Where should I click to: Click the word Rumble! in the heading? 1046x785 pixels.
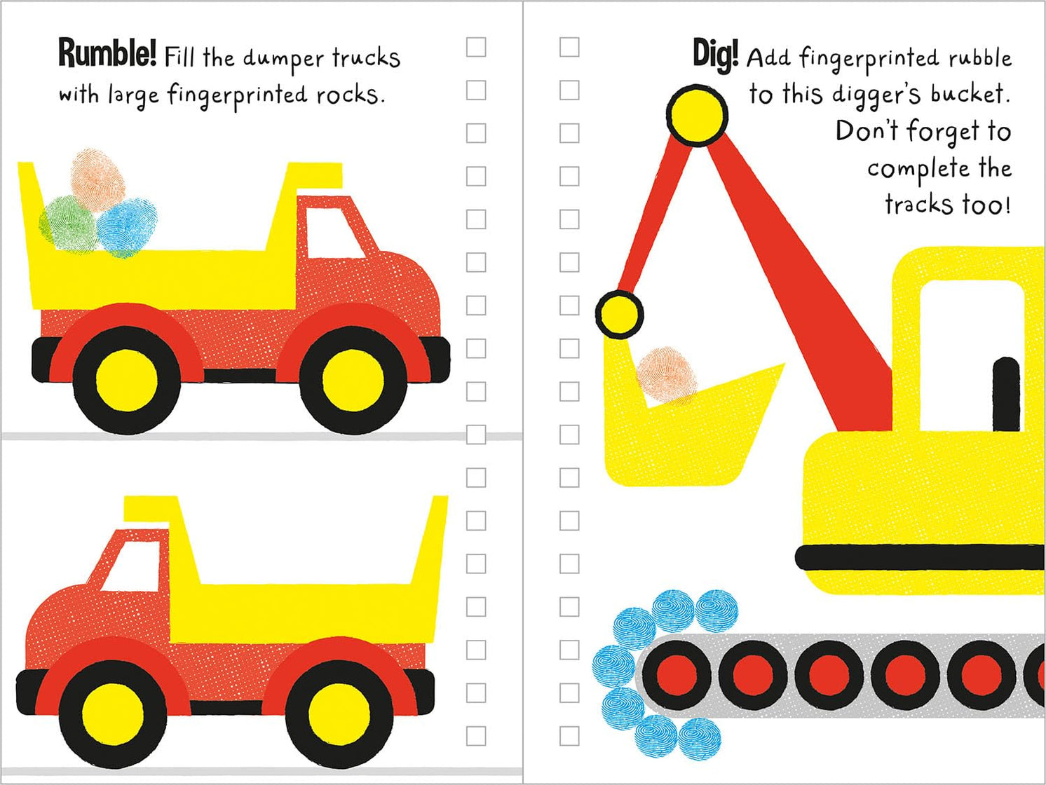[107, 54]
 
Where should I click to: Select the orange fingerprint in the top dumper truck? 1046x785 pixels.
[98, 175]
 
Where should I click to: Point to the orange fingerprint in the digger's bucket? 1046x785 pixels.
[666, 376]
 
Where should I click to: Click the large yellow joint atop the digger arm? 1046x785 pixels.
[696, 116]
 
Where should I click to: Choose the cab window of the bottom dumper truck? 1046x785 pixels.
[130, 566]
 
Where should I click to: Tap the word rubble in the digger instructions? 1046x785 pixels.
[979, 58]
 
